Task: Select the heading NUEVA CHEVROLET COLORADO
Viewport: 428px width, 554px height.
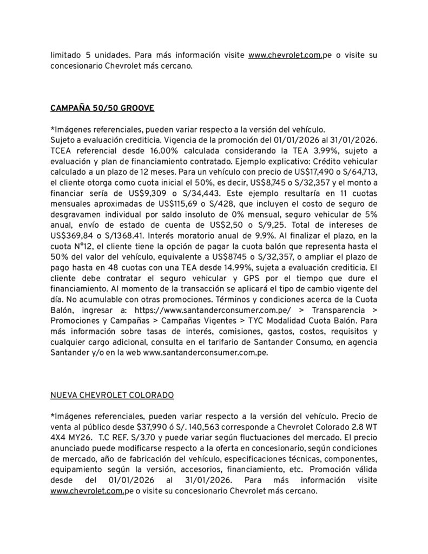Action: [x=112, y=395]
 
